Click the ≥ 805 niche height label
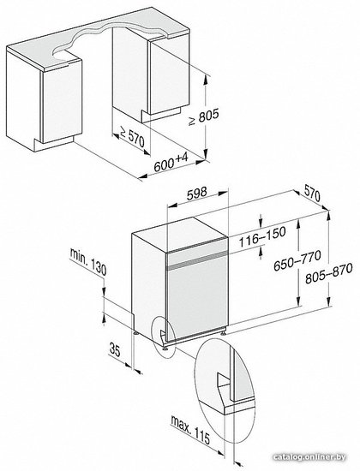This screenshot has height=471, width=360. click(x=204, y=117)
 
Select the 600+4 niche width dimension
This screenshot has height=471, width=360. click(x=171, y=162)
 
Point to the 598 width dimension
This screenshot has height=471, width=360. click(x=196, y=193)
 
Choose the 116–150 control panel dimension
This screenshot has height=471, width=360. click(x=262, y=236)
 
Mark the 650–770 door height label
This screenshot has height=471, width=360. click(x=297, y=260)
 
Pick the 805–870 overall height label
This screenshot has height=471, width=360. click(x=329, y=273)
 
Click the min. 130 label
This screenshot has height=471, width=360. click(x=88, y=262)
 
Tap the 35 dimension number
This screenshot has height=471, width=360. click(x=115, y=350)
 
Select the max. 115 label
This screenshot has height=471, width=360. click(x=190, y=430)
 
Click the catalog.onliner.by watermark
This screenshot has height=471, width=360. click(x=309, y=457)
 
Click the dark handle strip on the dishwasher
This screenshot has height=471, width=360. click(x=197, y=259)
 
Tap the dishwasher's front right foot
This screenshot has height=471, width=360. click(x=225, y=332)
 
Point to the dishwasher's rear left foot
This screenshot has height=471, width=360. click(x=136, y=332)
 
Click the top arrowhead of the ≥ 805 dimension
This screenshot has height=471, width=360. click(x=206, y=79)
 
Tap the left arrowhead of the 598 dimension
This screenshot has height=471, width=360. click(x=171, y=206)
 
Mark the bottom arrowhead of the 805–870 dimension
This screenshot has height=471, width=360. click(x=328, y=301)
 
